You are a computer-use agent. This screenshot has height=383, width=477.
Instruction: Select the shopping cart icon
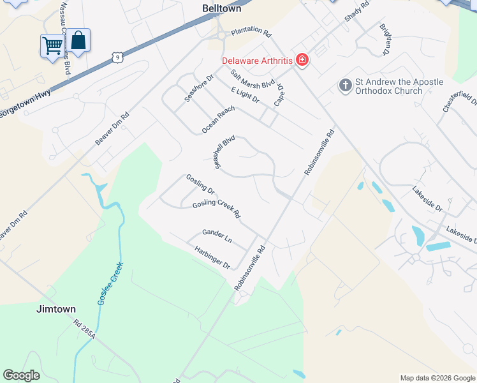pyautogui.click(x=52, y=44)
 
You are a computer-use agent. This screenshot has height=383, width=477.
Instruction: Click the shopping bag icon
pyautogui.click(x=78, y=41)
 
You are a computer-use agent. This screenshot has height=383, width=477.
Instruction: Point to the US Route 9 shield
pyautogui.click(x=116, y=58)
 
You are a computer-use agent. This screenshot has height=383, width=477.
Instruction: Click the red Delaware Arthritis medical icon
pyautogui.click(x=302, y=61)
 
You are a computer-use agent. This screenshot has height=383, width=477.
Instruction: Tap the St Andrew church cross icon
pyautogui.click(x=346, y=86)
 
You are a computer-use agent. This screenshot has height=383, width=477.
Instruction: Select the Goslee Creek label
pyautogui.click(x=109, y=283)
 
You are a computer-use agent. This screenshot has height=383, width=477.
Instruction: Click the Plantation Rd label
pyautogui.click(x=251, y=31)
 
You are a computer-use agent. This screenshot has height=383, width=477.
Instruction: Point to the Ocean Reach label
pyautogui.click(x=218, y=119)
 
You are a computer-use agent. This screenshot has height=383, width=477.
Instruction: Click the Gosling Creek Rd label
pyautogui.click(x=216, y=209)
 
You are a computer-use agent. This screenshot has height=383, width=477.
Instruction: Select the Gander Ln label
pyautogui.click(x=217, y=236)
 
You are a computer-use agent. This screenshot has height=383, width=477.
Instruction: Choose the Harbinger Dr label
pyautogui.click(x=212, y=257)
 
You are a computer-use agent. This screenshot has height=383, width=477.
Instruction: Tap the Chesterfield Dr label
pyautogui.click(x=459, y=102)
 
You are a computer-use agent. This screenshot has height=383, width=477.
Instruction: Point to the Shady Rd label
pyautogui.click(x=357, y=11)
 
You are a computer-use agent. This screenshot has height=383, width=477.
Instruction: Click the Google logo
pyautogui.click(x=21, y=375)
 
